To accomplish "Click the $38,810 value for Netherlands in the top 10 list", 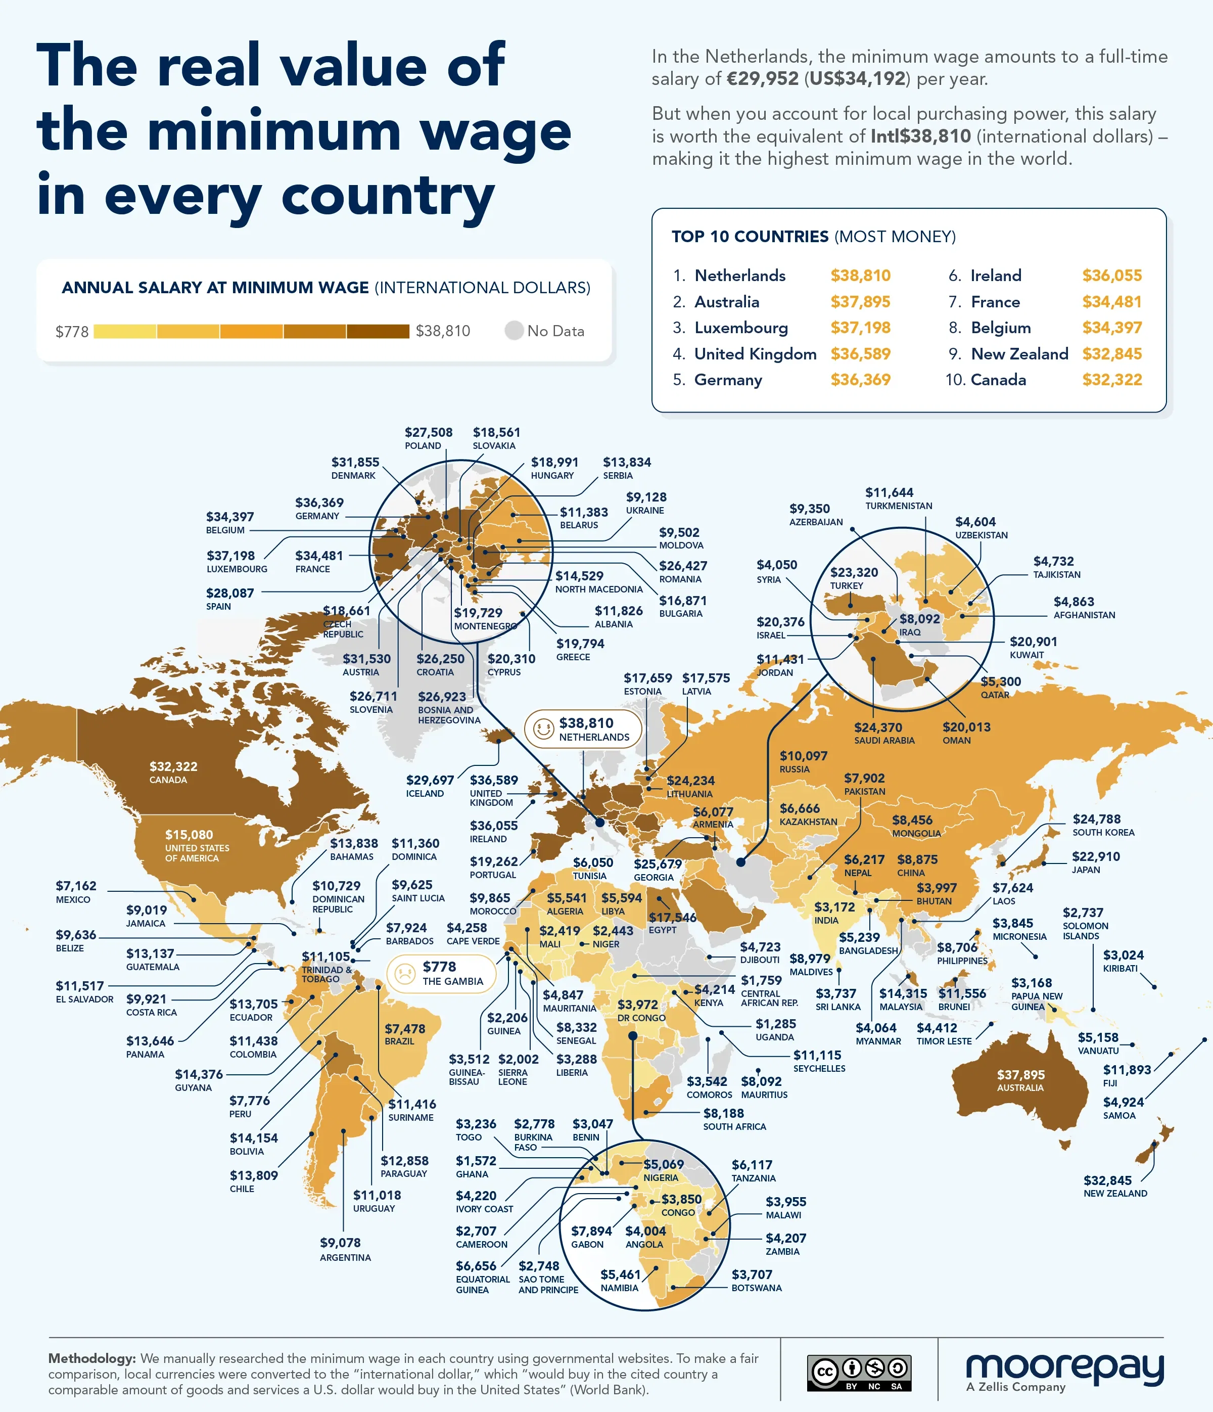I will pyautogui.click(x=860, y=276).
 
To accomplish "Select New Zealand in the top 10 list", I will pyautogui.click(x=1019, y=354).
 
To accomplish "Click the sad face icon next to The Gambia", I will pyautogui.click(x=405, y=973).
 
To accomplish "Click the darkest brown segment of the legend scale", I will pyautogui.click(x=378, y=331).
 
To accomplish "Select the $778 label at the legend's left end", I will pyautogui.click(x=72, y=332).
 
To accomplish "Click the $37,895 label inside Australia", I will pyautogui.click(x=1020, y=1075).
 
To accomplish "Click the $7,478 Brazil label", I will pyautogui.click(x=405, y=1028).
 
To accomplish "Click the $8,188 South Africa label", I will pyautogui.click(x=723, y=1113).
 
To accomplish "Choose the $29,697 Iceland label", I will pyautogui.click(x=429, y=780).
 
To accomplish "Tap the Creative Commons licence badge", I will pyautogui.click(x=859, y=1373).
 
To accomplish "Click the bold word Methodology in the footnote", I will pyautogui.click(x=92, y=1358).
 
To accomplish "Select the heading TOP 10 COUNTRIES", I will pyautogui.click(x=750, y=237).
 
